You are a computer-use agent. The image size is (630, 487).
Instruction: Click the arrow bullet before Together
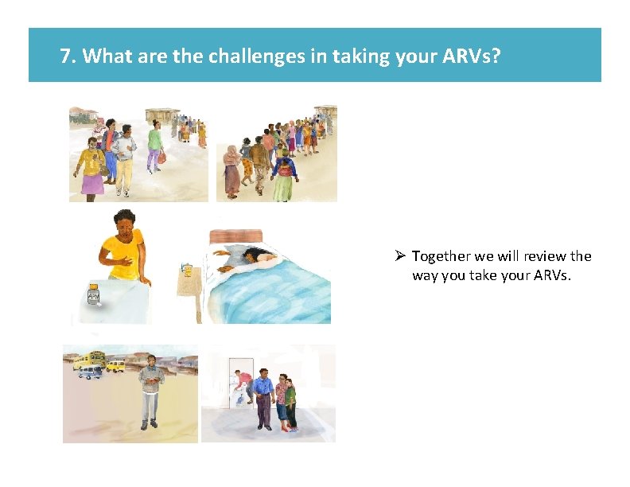tap(400, 256)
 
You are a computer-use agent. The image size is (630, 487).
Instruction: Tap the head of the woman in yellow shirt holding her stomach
tap(123, 223)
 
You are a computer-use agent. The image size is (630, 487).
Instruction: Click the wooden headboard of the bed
tap(235, 236)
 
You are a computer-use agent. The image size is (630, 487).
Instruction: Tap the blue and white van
tap(90, 372)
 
